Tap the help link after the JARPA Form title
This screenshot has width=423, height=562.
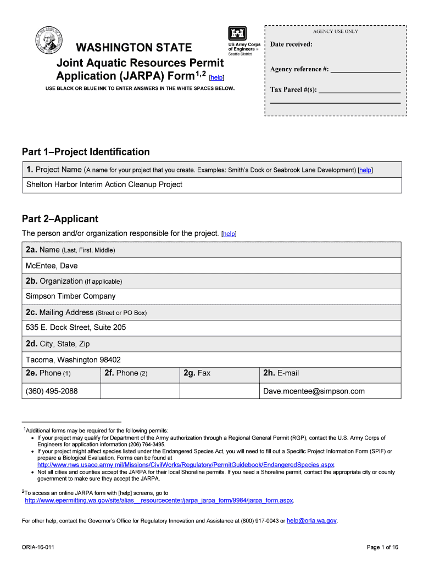coord(216,78)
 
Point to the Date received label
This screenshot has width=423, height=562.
coord(291,44)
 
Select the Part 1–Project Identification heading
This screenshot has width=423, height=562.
coord(86,152)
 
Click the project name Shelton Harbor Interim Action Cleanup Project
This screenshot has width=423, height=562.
coord(104,184)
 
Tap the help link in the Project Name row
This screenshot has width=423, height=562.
coord(365,171)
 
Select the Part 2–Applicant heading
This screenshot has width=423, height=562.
coord(60,219)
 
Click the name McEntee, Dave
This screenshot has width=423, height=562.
coord(52,266)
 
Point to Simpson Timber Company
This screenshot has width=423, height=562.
coord(71,296)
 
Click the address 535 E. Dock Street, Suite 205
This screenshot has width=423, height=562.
coord(76,328)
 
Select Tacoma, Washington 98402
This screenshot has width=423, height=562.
coord(73,360)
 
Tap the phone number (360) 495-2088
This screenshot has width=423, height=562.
coord(52,391)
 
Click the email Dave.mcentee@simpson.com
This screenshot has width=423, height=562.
coord(314,391)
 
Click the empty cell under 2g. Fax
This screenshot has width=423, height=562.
coord(220,391)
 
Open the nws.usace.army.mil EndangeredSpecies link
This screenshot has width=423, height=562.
coord(186,465)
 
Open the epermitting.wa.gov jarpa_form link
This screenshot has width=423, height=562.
coord(159,501)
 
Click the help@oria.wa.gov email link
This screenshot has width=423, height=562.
coord(311,521)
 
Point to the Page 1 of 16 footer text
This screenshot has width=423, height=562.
coord(382,547)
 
